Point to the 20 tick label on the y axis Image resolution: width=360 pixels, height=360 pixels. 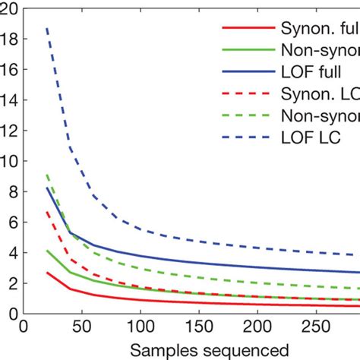pyautogui.click(x=9, y=8)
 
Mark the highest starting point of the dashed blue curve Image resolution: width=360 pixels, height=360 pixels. pyautogui.click(x=47, y=28)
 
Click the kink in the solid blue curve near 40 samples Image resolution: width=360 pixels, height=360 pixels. pyautogui.click(x=70, y=232)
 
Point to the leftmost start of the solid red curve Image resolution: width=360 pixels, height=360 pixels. pyautogui.click(x=47, y=273)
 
